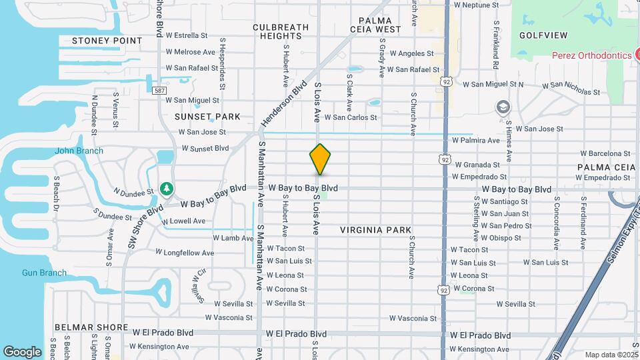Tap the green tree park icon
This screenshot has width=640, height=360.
coord(166,189)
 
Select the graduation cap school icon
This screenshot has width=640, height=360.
coord(503,107)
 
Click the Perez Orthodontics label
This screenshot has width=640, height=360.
coord(591,55)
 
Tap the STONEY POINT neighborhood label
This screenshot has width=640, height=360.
coord(107,40)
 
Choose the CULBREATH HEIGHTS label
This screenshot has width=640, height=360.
coord(281,31)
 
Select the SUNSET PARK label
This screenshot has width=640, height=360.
coord(207,116)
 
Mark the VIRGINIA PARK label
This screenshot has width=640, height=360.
coord(375,229)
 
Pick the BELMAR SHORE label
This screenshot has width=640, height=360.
coord(91,327)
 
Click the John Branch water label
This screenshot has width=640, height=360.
coord(79,151)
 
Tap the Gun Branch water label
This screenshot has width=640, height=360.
coord(44,273)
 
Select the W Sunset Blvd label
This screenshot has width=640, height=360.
coord(203,148)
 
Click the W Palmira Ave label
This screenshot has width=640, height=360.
coord(475,141)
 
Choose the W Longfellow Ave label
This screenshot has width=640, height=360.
coord(185,253)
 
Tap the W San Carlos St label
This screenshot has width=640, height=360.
coord(346,117)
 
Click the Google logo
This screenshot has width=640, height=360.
coord(22,351)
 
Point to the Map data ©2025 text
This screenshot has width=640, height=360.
coord(611,355)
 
